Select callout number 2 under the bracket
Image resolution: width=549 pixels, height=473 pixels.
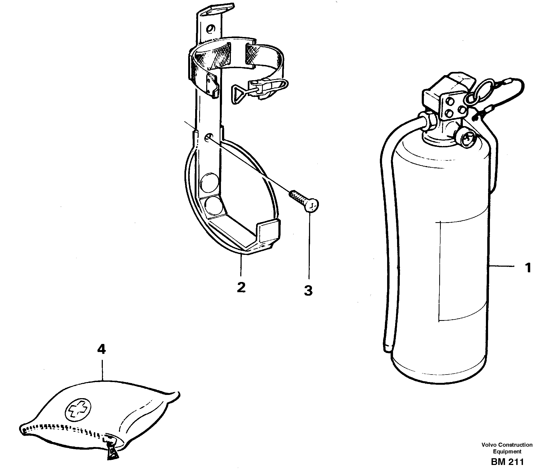[241, 287]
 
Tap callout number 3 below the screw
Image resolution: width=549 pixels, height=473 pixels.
[308, 290]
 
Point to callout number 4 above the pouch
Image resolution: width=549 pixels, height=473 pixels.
[101, 349]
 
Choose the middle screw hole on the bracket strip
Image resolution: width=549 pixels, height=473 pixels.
[208, 138]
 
